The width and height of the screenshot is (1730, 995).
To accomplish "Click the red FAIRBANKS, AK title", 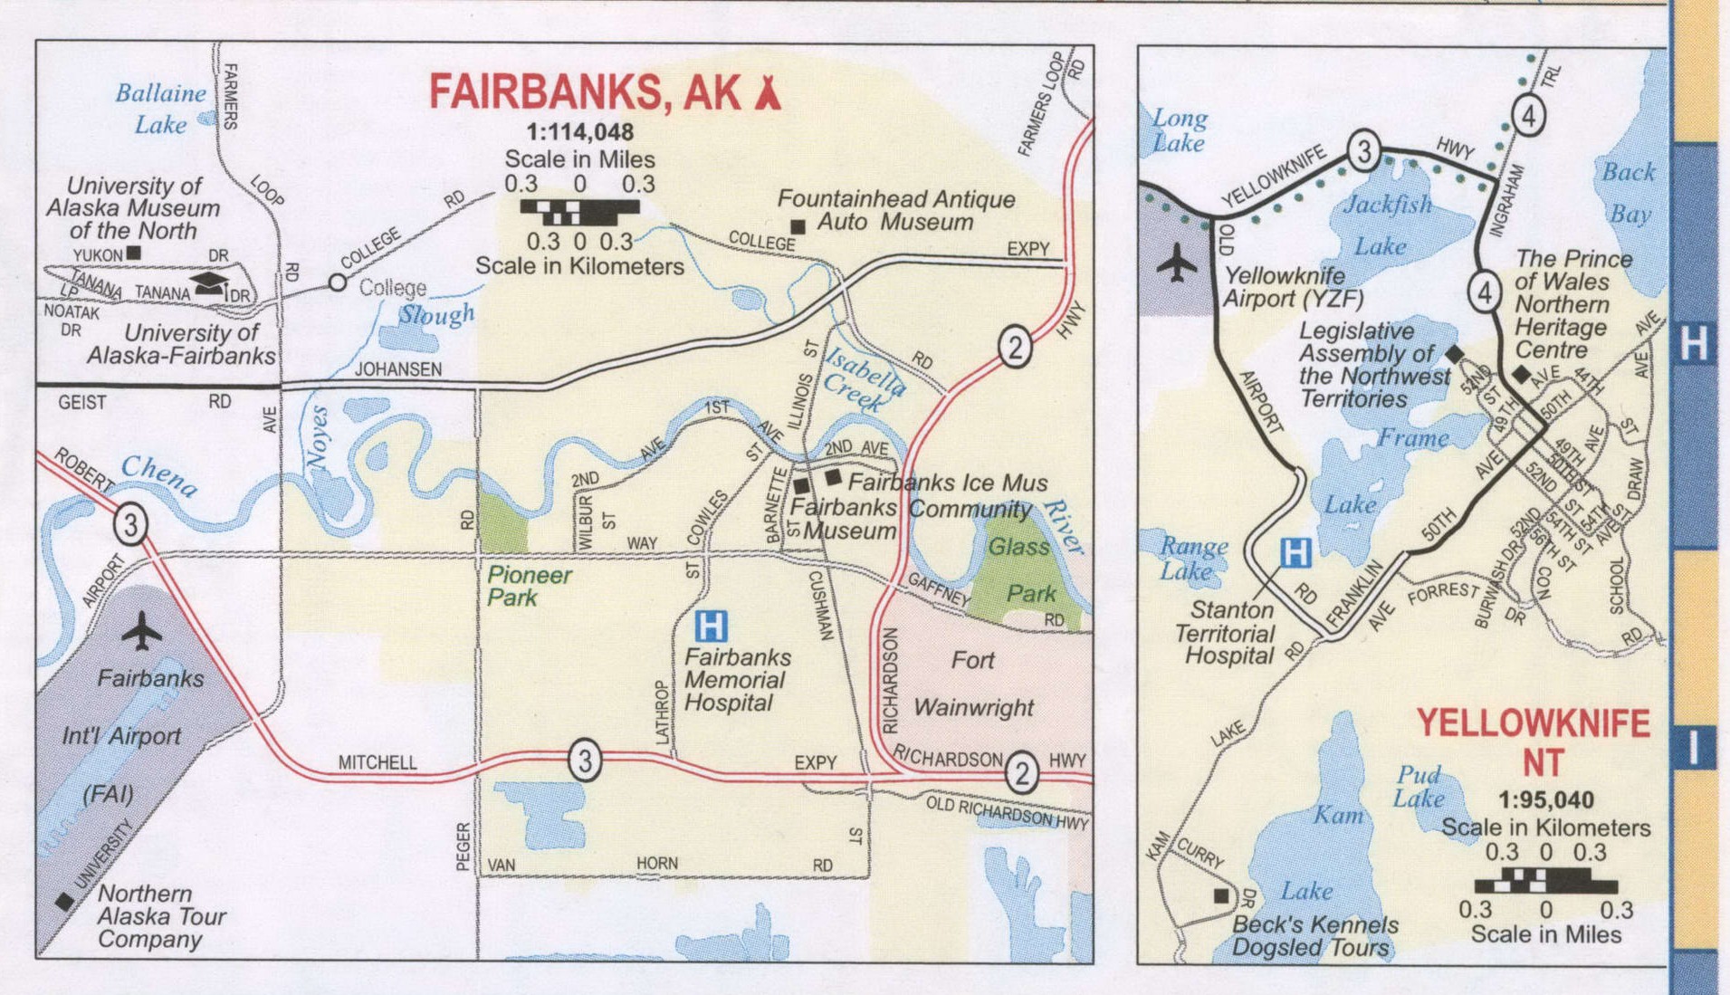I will (584, 92).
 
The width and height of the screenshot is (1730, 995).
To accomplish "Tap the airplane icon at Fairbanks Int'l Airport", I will (141, 631).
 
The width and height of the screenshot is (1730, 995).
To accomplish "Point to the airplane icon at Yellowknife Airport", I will (1176, 263).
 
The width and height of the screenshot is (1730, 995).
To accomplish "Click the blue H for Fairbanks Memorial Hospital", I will (711, 626).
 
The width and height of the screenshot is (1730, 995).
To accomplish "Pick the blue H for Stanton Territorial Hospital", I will (1295, 551).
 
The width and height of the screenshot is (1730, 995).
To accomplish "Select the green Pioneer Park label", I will (529, 586).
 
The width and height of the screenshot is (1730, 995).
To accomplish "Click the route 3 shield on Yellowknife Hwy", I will (1363, 150).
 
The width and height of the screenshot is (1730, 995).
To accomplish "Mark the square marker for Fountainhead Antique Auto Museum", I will (798, 226).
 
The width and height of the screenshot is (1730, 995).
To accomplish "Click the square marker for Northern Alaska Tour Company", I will (64, 901).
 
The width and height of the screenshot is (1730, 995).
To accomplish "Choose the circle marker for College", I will (338, 282).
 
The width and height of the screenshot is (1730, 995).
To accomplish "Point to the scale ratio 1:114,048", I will (579, 132).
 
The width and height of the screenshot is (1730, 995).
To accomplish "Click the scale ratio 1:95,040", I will (1545, 799).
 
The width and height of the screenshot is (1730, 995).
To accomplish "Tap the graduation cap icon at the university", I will (210, 282).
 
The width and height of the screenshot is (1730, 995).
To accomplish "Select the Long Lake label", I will (1179, 130).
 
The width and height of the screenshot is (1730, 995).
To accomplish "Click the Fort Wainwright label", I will (973, 684).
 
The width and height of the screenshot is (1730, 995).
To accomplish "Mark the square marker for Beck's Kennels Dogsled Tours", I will (1221, 895).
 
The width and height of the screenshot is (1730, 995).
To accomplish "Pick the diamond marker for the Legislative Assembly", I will (1454, 354).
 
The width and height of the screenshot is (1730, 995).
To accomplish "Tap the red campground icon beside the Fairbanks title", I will (768, 92).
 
